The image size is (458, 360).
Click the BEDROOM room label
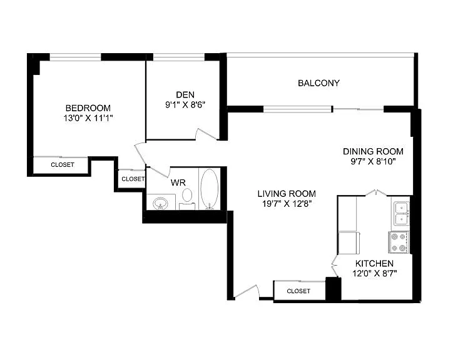pyautogui.click(x=88, y=108)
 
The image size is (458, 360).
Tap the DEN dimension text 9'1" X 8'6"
pyautogui.click(x=185, y=104)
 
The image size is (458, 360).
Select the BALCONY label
pyautogui.click(x=318, y=83)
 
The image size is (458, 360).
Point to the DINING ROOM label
pyautogui.click(x=373, y=151)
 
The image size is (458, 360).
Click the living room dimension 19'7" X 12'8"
pyautogui.click(x=287, y=203)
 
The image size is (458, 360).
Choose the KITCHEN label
pyautogui.click(x=374, y=263)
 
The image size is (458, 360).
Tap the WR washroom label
pyautogui.click(x=178, y=182)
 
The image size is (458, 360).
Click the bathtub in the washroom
pyautogui.click(x=209, y=189)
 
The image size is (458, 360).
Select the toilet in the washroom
pyautogui.click(x=187, y=198)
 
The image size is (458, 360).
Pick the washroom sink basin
pyautogui.click(x=160, y=202)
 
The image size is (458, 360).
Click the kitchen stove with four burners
pyautogui.click(x=399, y=242)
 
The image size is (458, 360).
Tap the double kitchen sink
pyautogui.click(x=402, y=214)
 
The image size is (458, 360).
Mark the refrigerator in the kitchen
pyautogui.click(x=349, y=242)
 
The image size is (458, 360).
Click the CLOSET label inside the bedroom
pyautogui.click(x=63, y=165)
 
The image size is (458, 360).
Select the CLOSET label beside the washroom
pyautogui.click(x=133, y=179)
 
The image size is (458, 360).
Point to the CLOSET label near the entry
pyautogui.click(x=298, y=291)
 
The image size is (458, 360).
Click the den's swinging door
pyautogui.click(x=206, y=134)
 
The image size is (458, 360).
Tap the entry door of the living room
pyautogui.click(x=247, y=292)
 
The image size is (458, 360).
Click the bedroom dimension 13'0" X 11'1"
pyautogui.click(x=88, y=118)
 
